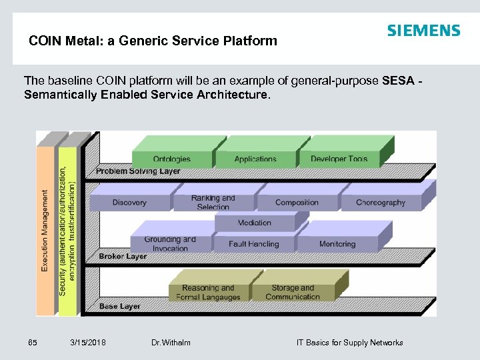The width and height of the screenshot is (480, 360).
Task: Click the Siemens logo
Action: click(423, 31)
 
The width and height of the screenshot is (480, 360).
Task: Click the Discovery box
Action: click(129, 202)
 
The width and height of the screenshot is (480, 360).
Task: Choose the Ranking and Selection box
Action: click(213, 202)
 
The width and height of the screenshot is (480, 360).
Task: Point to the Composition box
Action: click(297, 202)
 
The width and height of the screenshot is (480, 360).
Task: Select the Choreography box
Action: click(381, 202)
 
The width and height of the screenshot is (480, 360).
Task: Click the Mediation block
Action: click(255, 223)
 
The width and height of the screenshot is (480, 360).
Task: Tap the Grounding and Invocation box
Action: click(171, 243)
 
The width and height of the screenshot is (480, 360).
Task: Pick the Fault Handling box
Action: click(254, 244)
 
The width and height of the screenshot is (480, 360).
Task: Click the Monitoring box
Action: click(337, 244)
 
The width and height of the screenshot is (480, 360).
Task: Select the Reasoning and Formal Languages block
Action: click(209, 292)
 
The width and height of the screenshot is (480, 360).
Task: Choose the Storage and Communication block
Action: click(293, 292)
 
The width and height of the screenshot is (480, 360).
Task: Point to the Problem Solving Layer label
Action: click(138, 171)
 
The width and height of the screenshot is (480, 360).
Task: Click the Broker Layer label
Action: click(123, 256)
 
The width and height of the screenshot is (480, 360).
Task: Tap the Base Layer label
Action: click(119, 307)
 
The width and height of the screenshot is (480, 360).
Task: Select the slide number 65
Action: click(33, 343)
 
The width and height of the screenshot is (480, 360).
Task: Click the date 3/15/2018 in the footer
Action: click(88, 343)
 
